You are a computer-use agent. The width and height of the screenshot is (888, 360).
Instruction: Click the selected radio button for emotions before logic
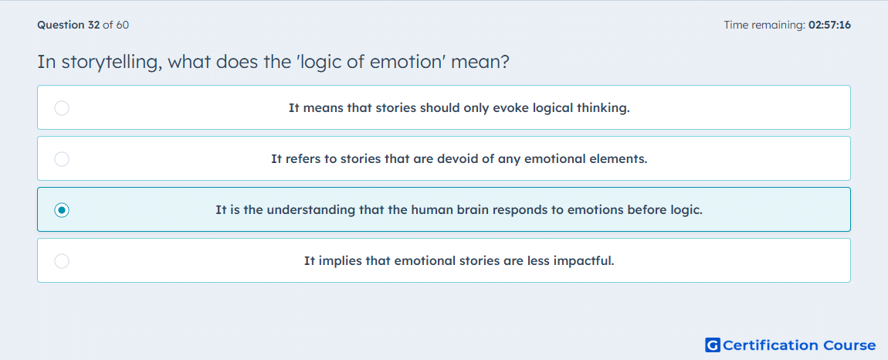point(62,210)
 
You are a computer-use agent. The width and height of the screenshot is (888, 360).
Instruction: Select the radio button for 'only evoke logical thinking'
point(62,108)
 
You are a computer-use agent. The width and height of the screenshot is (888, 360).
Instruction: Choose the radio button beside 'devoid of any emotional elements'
point(62,159)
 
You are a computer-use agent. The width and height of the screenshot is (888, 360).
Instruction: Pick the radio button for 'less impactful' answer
point(62,261)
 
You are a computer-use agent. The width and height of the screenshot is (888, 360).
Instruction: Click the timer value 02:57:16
point(829,25)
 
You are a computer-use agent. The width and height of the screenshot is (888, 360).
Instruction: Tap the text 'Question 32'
point(69,25)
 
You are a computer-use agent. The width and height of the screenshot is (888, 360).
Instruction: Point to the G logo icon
point(713,345)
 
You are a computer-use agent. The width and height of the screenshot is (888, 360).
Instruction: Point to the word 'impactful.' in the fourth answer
point(587,262)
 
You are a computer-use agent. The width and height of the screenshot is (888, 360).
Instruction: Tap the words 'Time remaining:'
point(764,25)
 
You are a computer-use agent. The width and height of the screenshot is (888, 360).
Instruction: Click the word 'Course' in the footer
point(849,345)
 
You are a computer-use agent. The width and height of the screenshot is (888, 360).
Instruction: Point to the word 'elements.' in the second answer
point(621,159)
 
